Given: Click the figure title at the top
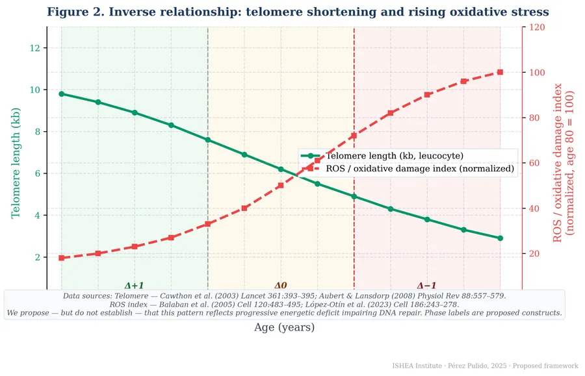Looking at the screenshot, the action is (298, 12).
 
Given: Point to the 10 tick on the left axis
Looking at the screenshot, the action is (35, 90).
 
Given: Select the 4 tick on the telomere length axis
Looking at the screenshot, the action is (38, 216).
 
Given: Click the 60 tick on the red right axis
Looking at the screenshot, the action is (534, 163).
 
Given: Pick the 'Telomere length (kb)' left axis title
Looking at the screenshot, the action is (16, 163).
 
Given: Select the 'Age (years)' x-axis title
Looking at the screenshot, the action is (284, 327).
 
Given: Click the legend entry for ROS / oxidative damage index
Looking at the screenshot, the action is (408, 168).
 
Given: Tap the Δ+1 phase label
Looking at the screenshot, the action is (134, 286).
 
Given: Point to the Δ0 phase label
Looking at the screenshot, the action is (281, 286).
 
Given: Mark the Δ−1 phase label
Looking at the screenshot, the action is (426, 286).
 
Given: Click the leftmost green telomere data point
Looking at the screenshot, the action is (62, 94).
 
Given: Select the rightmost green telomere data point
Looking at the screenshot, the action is (500, 238).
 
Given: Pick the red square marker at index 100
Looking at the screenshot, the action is (500, 72).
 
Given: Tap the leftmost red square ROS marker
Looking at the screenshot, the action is (62, 258).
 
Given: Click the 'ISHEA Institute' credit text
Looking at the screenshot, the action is (417, 366).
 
